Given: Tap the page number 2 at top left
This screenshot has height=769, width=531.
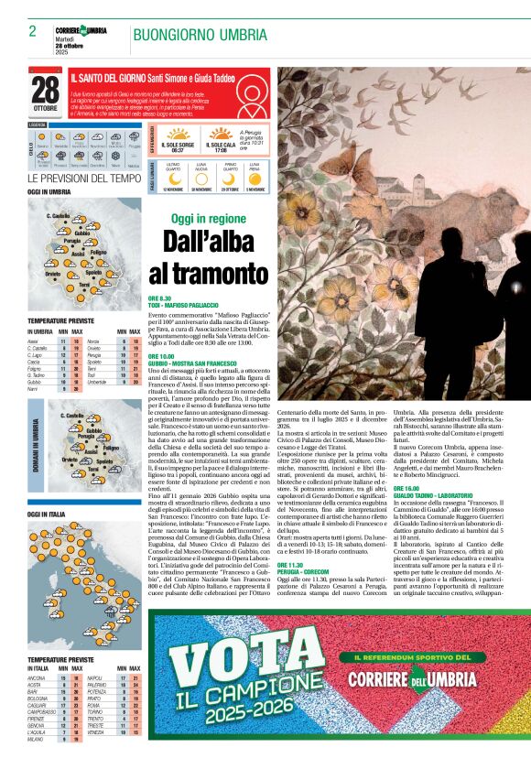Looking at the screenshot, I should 32,31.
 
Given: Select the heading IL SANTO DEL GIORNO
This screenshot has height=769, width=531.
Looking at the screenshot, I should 108,81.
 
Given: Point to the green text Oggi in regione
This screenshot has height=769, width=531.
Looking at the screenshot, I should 209,218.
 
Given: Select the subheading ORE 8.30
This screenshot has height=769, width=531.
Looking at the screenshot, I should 160,298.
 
